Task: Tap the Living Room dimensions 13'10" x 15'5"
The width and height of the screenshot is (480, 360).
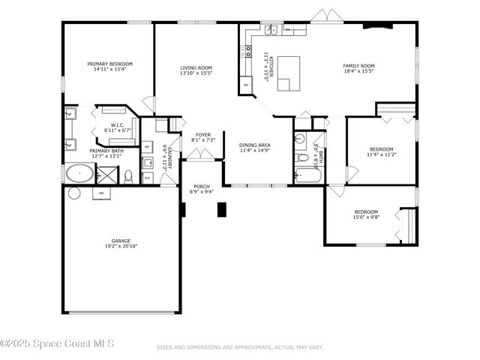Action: [196, 73]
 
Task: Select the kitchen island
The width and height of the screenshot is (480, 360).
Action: [289, 73]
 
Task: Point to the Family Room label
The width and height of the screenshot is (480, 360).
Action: [358, 65]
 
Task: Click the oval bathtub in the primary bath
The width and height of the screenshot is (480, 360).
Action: [79, 175]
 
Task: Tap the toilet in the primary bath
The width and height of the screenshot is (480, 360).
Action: [128, 176]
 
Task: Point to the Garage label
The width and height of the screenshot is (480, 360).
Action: [121, 241]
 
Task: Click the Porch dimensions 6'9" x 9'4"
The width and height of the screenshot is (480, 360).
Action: [202, 192]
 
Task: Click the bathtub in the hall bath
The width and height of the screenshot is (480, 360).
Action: [307, 176]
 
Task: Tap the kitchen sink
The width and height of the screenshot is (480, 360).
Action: [271, 31]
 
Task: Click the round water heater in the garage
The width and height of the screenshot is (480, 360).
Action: [73, 193]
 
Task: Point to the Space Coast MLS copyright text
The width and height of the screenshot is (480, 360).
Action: [57, 344]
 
